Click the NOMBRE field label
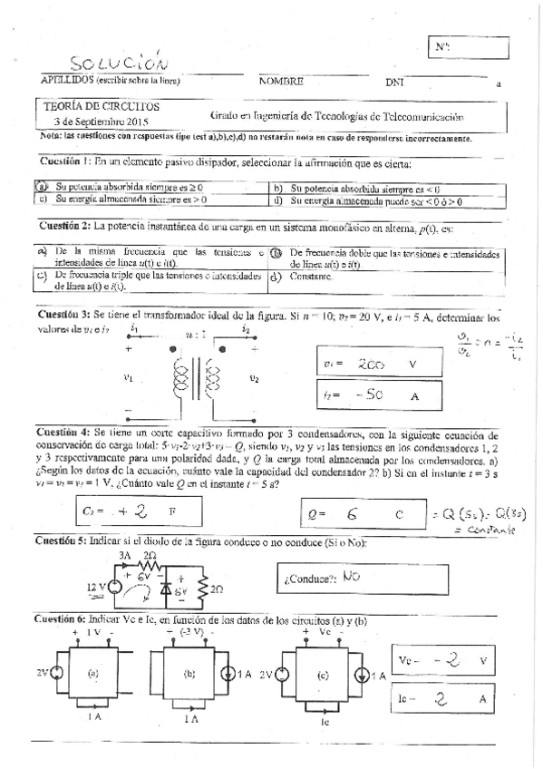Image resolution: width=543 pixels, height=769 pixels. (x=280, y=81)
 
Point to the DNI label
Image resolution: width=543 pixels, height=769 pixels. (x=394, y=82)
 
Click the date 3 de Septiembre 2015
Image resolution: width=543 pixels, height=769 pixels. (x=100, y=120)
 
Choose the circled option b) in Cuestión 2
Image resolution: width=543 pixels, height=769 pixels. (x=276, y=253)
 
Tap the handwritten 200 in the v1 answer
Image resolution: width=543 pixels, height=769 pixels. (x=371, y=364)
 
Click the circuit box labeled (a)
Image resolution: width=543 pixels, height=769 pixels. (x=93, y=673)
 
